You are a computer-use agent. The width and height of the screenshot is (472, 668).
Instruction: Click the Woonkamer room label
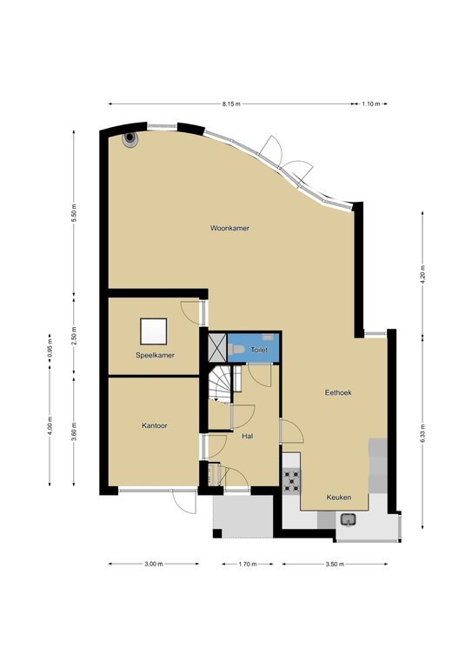pyautogui.click(x=229, y=229)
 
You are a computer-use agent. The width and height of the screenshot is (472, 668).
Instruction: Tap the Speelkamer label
pyautogui.click(x=155, y=355)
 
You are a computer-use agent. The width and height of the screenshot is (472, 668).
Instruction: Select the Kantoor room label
pyautogui.click(x=155, y=425)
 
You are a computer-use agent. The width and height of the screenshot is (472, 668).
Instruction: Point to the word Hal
pyautogui.click(x=247, y=437)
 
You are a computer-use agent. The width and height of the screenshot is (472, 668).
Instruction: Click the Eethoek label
pyautogui.click(x=338, y=393)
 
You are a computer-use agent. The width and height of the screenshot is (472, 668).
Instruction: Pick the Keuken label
pyautogui.click(x=339, y=498)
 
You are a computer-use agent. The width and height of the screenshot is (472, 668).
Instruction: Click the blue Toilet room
pyautogui.click(x=253, y=348)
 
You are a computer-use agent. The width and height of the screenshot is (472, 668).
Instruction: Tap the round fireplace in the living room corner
pyautogui.click(x=130, y=138)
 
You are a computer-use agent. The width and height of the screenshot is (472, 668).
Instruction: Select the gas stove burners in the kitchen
pyautogui.click(x=291, y=481)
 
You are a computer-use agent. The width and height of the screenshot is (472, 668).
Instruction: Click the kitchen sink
pyautogui.click(x=349, y=520)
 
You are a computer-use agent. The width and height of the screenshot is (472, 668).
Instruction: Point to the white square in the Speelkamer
pyautogui.click(x=154, y=331)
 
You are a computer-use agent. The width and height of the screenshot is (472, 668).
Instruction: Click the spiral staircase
pyautogui.click(x=221, y=384)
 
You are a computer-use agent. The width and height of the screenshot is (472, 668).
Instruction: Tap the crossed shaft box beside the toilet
pyautogui.click(x=217, y=348)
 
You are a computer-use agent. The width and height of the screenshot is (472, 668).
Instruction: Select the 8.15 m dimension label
pyautogui.click(x=231, y=104)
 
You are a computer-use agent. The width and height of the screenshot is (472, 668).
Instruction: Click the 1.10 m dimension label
pyautogui.click(x=371, y=104)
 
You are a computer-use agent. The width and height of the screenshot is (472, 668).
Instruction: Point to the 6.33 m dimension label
pyautogui.click(x=422, y=434)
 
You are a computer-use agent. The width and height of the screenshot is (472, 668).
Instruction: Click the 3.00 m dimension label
pyautogui.click(x=154, y=564)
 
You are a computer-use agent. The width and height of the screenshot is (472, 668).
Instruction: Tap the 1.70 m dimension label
pyautogui.click(x=247, y=564)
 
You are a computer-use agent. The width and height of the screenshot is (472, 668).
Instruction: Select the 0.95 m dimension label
pyautogui.click(x=50, y=348)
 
